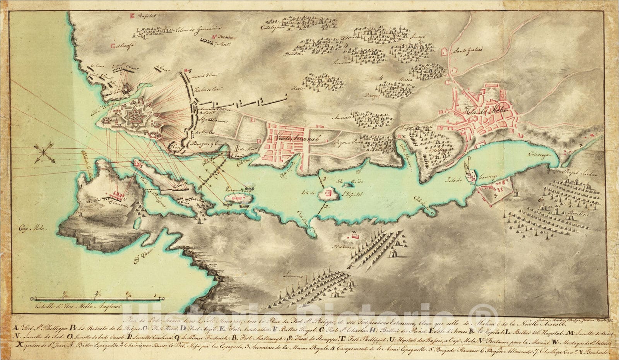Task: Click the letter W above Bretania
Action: coord(353,233)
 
